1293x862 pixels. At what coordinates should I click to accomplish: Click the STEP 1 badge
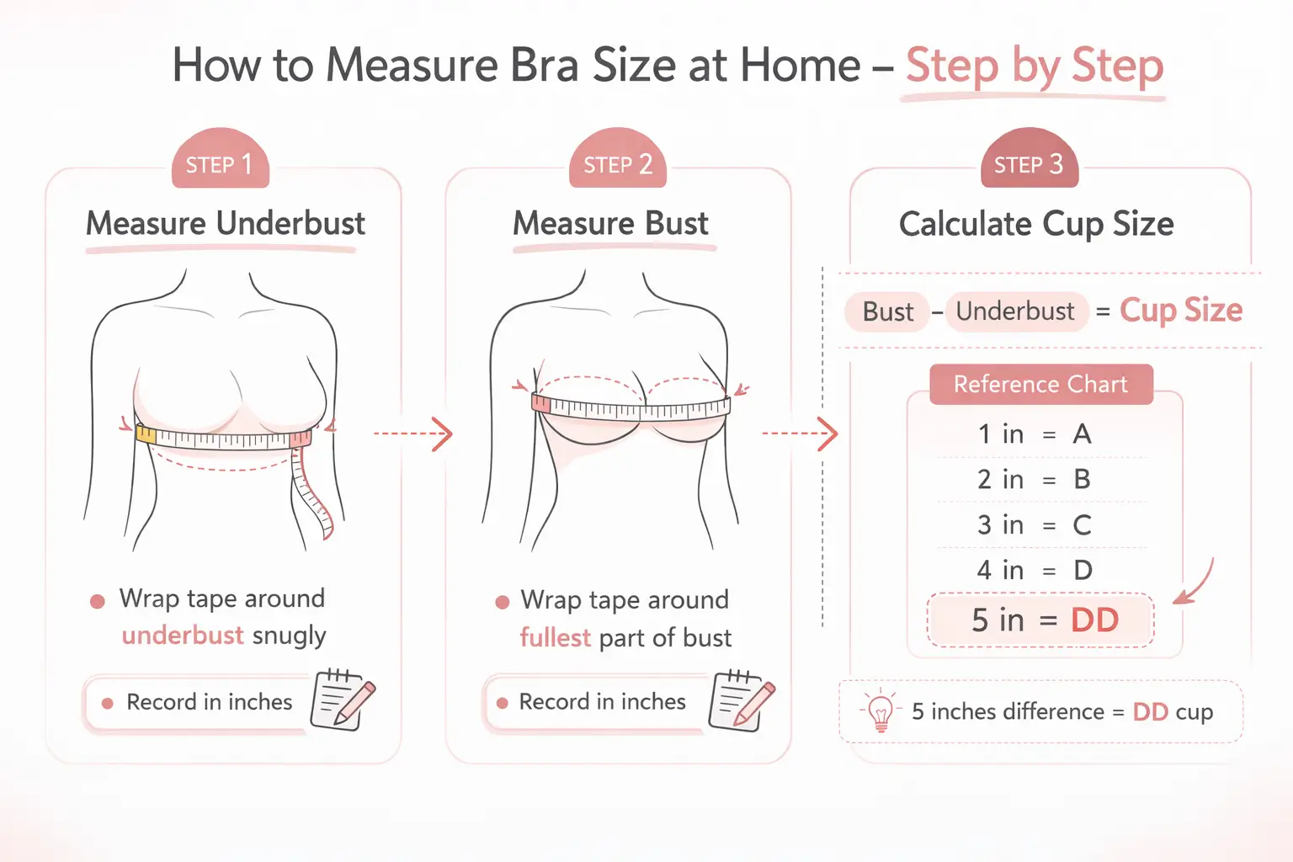coord(219,163)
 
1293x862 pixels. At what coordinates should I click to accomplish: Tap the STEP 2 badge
coord(618,163)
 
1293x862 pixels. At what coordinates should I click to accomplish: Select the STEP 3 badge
coord(1029,163)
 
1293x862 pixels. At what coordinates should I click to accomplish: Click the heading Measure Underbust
coord(225,224)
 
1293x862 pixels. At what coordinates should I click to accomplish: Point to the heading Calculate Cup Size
coord(1036,224)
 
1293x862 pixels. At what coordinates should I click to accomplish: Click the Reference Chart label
coord(1040,384)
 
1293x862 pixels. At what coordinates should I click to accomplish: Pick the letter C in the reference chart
coord(1082,525)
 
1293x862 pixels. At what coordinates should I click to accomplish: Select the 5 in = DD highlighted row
coord(1040,620)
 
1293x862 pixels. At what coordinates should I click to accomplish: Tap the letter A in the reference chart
coord(1082,434)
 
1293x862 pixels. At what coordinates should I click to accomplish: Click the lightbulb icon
coord(880,712)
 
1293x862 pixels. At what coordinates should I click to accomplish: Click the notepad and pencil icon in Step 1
coord(342,699)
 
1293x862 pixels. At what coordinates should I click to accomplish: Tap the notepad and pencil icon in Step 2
coord(741,699)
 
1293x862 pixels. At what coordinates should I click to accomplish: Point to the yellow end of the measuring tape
coord(146,434)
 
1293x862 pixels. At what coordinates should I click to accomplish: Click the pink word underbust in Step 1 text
coord(183,635)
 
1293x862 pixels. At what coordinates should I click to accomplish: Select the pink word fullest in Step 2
coord(556,637)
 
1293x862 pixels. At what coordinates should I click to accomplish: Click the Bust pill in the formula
coord(887,311)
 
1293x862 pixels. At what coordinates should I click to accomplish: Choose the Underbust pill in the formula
coord(1016,311)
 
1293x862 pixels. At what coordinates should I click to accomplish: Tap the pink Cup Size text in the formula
coord(1181,311)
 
